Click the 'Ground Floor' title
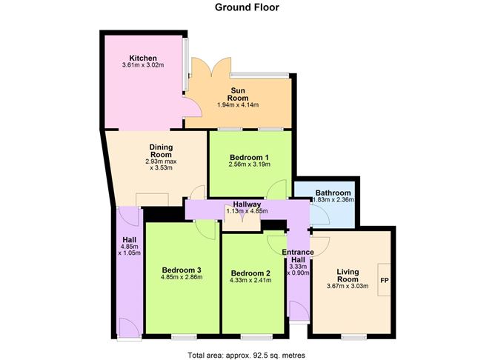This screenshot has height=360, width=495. pyautogui.click(x=247, y=8)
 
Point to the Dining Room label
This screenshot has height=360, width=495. pyautogui.click(x=161, y=150)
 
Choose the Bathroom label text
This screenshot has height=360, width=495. pyautogui.click(x=333, y=193)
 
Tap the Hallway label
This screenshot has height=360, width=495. pyautogui.click(x=245, y=204)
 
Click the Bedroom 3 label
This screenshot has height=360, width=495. pyautogui.click(x=182, y=269)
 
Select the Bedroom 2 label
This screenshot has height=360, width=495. pyautogui.click(x=250, y=273)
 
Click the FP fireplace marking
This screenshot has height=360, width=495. pyautogui.click(x=385, y=281)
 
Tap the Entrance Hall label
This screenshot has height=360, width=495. pyautogui.click(x=298, y=257)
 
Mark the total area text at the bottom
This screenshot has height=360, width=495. pyautogui.click(x=247, y=353)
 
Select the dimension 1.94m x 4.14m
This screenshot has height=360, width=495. pyautogui.click(x=237, y=105)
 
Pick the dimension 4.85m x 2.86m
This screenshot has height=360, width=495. pyautogui.click(x=182, y=278)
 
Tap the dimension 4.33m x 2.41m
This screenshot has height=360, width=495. pyautogui.click(x=250, y=281)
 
